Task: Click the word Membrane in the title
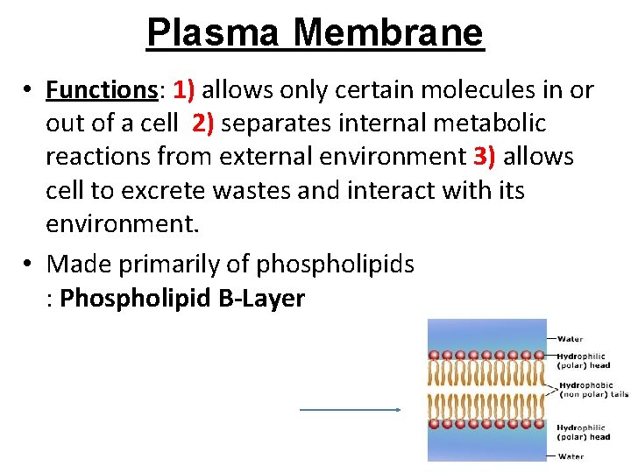coord(388,33)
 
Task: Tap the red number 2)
coord(203,124)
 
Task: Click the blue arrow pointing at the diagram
coord(351,409)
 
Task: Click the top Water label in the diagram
coord(570,339)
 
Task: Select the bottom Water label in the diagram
coord(570,455)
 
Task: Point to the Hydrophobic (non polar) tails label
coord(592,390)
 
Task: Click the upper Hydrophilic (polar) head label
coord(584,360)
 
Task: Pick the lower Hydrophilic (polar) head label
coord(584,432)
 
